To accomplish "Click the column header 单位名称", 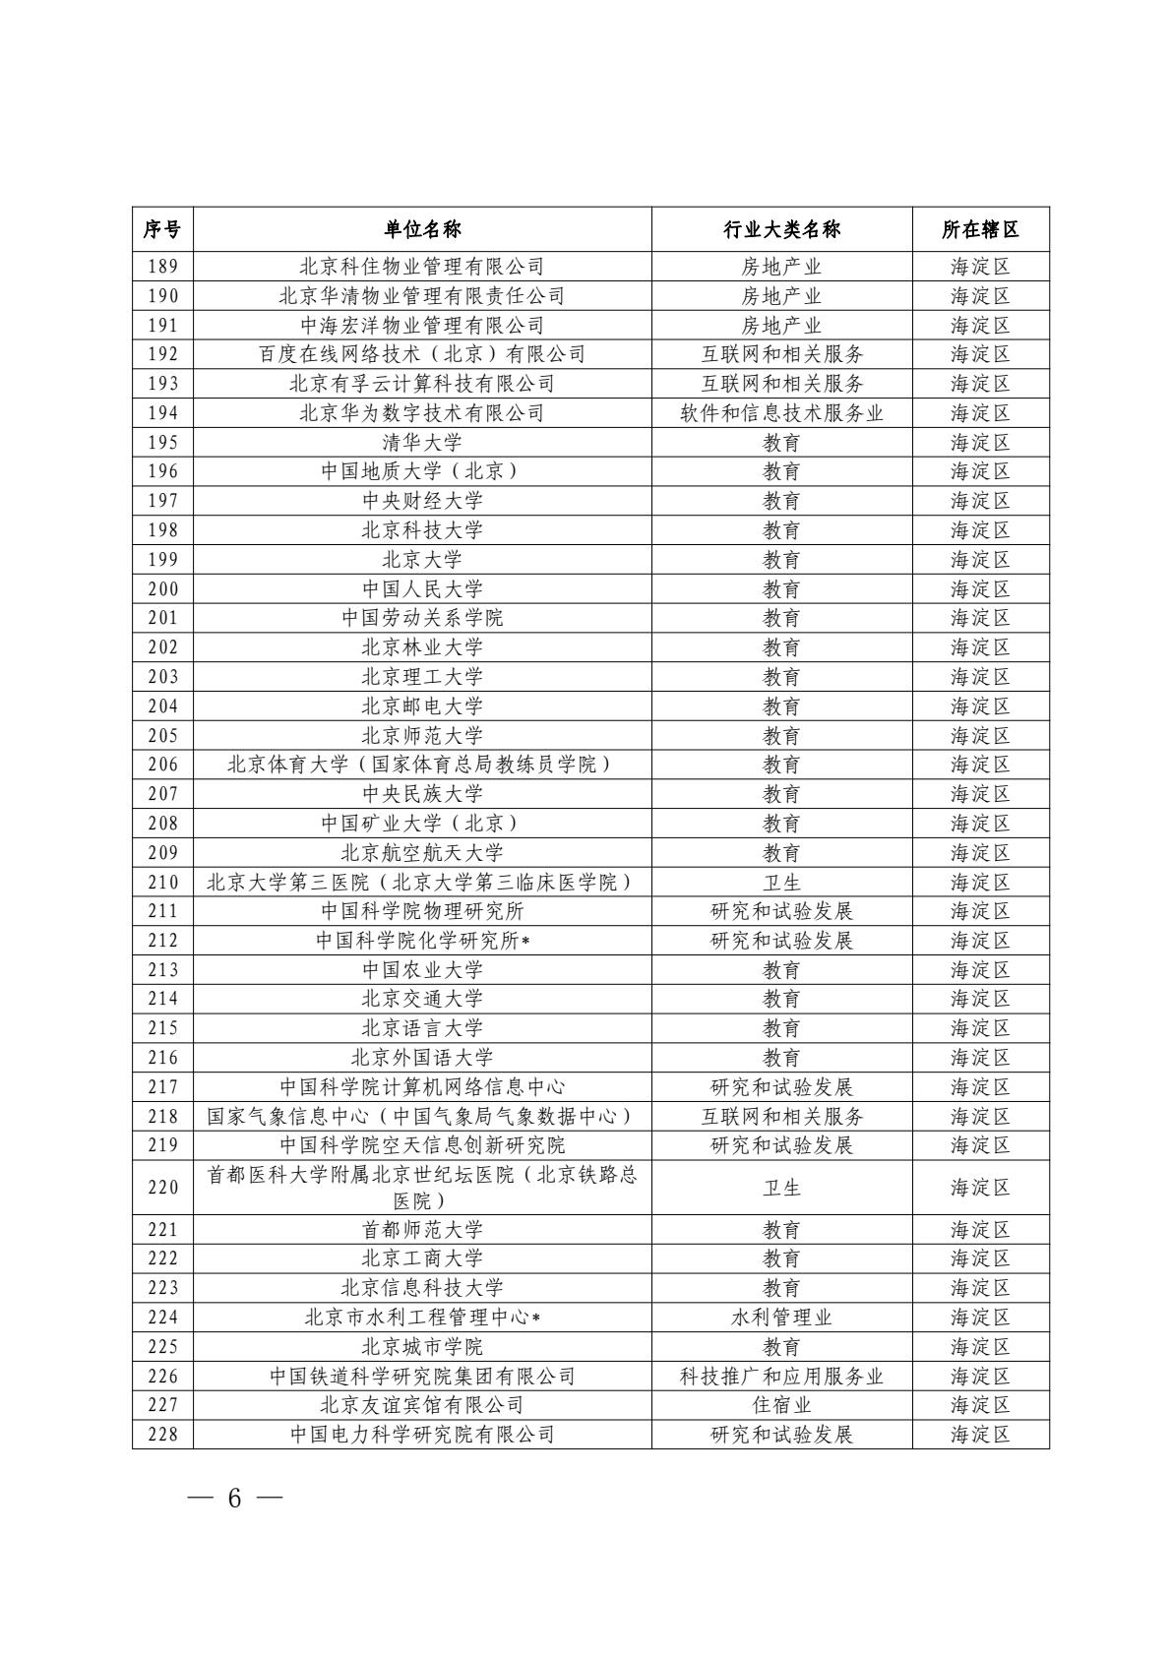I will (x=422, y=229).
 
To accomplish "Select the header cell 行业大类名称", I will (x=781, y=229).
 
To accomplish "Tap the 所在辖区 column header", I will (x=980, y=229).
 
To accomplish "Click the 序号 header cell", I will (x=162, y=229).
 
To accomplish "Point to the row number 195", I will (x=162, y=442).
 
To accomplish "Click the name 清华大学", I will (x=422, y=442).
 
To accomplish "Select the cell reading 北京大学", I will (x=422, y=560).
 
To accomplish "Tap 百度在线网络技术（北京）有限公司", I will (x=422, y=354).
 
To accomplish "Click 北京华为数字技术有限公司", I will (x=422, y=413).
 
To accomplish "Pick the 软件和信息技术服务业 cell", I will (x=781, y=413).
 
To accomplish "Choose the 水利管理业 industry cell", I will (x=781, y=1318).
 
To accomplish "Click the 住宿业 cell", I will (x=781, y=1405).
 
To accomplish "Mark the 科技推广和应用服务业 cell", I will (x=781, y=1377).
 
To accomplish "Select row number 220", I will (x=162, y=1188).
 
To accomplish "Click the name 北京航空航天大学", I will (x=422, y=853).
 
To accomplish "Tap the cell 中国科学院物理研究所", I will (x=422, y=911).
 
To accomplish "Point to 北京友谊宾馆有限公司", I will (x=422, y=1405).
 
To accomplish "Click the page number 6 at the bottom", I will (x=234, y=1499).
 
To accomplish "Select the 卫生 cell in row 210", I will (x=781, y=883).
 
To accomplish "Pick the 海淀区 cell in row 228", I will (x=980, y=1435).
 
